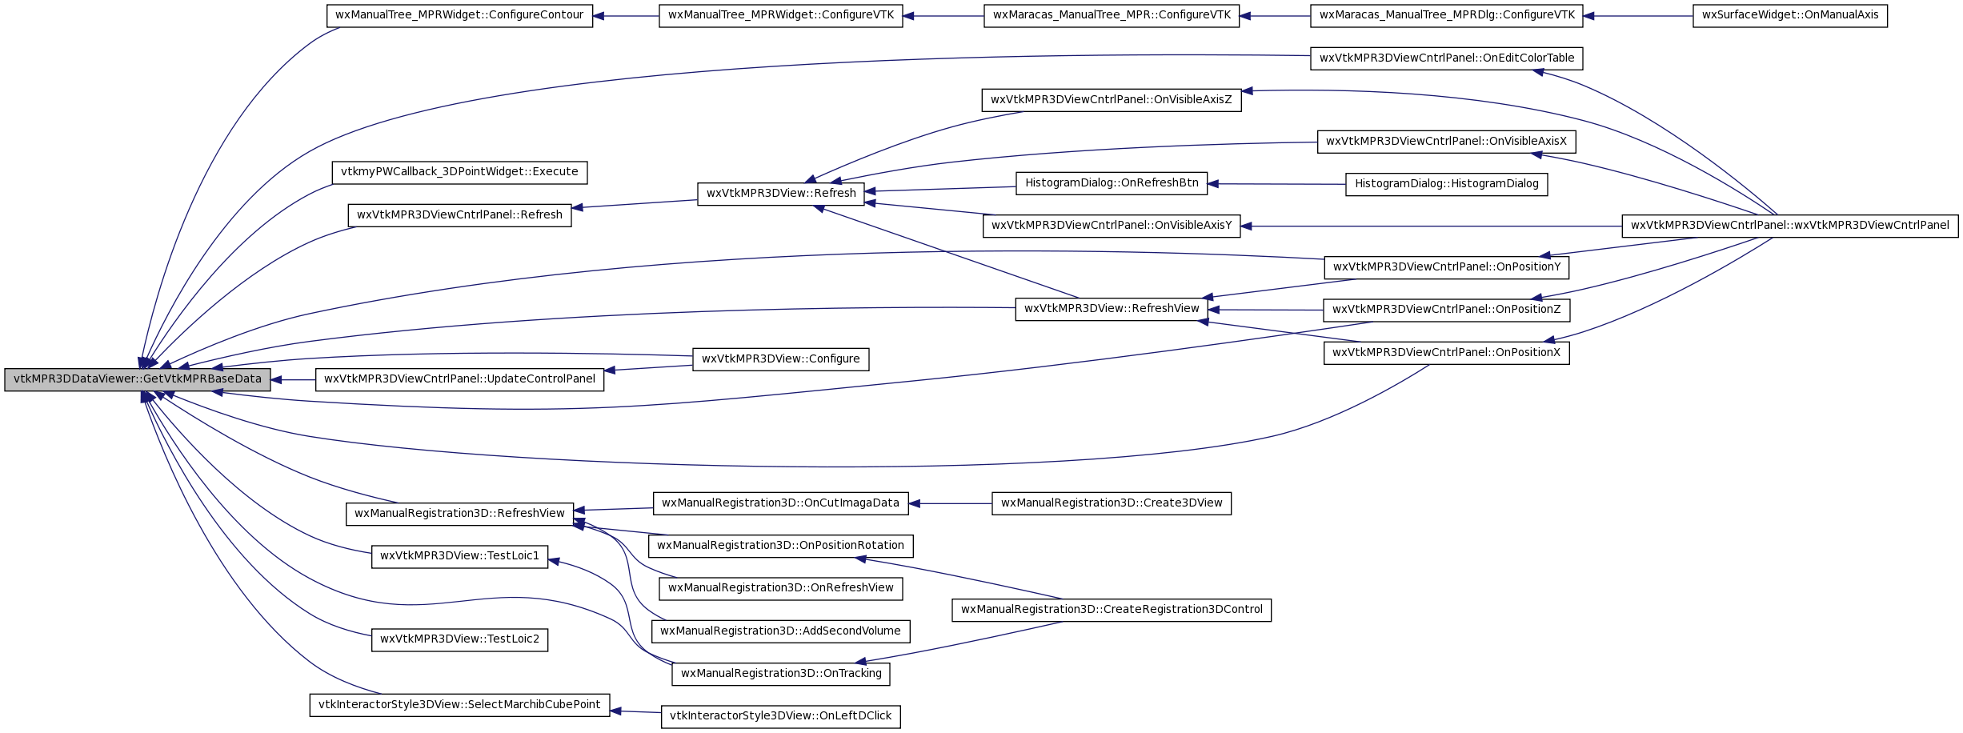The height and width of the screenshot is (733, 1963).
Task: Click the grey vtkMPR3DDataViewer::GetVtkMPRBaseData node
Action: click(138, 379)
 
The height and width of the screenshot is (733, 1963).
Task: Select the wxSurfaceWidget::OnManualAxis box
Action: click(1790, 15)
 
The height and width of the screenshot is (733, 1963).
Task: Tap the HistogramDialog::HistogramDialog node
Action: click(1447, 184)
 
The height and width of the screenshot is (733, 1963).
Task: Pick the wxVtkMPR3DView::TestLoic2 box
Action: click(459, 639)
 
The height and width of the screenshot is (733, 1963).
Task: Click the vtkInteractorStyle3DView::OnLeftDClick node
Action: click(780, 716)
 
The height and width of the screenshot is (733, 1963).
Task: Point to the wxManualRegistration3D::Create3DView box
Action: click(1112, 503)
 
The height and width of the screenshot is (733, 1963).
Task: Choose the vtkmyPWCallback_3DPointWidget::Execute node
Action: click(459, 172)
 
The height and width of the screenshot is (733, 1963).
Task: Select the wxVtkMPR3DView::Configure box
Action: click(780, 359)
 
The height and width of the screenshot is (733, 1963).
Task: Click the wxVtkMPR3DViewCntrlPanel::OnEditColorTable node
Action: click(1447, 58)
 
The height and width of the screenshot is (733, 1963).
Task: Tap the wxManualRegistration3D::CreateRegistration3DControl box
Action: click(1112, 610)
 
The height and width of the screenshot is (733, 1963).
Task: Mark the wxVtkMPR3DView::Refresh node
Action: click(781, 194)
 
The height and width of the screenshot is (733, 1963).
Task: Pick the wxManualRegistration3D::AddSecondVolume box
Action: click(780, 631)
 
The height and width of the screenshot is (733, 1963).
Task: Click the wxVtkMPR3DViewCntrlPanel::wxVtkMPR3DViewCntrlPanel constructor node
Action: click(1790, 226)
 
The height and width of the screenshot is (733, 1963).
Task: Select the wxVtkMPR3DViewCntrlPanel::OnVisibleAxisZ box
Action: click(1112, 100)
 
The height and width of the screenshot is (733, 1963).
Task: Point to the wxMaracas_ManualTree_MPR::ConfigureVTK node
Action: click(1112, 15)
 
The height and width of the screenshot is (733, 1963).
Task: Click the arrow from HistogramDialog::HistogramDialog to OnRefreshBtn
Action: click(1276, 184)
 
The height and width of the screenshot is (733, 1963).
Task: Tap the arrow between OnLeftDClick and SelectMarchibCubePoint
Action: click(635, 711)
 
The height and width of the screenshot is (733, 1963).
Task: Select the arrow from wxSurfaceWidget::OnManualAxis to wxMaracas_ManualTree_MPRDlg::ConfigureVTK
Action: click(1638, 16)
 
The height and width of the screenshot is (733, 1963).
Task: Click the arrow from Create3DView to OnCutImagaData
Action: click(951, 503)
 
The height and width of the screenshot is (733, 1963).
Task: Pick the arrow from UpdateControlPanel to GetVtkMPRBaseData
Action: click(293, 380)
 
